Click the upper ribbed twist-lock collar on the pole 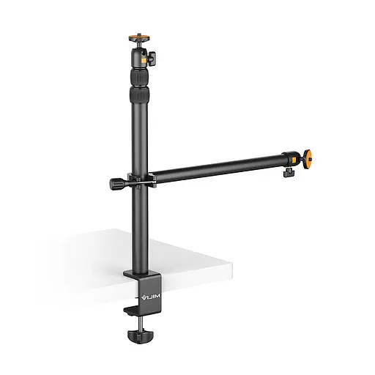[138, 76]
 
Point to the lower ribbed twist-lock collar [138, 95]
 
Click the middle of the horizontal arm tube [216, 167]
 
